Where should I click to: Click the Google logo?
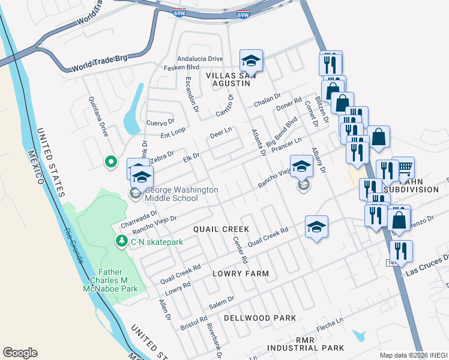(20, 353)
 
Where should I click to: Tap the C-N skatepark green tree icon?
(121, 241)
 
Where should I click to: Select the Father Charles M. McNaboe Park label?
(110, 280)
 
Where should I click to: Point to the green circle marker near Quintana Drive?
(110, 161)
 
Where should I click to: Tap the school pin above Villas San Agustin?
(251, 61)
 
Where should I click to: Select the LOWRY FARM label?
(240, 274)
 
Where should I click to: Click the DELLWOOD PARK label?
(260, 317)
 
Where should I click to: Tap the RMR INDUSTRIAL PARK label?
(306, 343)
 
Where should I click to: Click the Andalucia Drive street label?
(200, 59)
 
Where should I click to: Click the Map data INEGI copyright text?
(413, 355)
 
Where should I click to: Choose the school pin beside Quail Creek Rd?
(316, 227)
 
